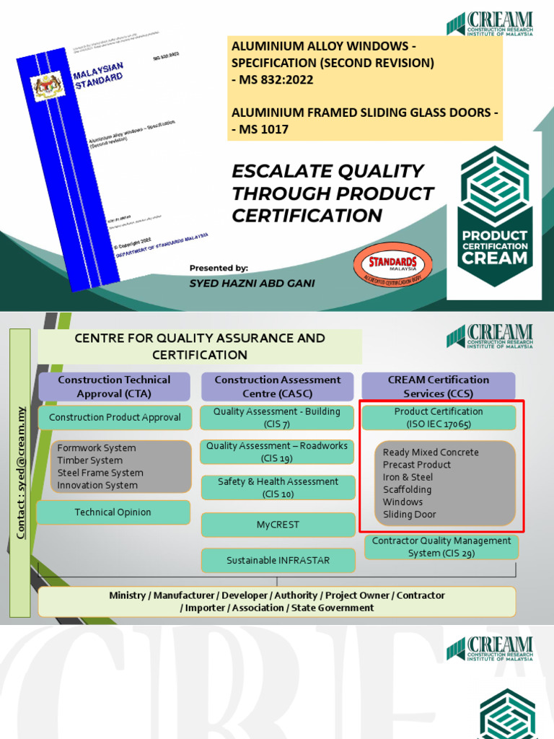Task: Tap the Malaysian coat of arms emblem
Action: click(x=49, y=87)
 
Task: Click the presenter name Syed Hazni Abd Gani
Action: click(x=252, y=284)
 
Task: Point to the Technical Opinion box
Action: click(x=113, y=512)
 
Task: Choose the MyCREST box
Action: click(x=277, y=525)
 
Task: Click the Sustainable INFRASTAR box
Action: click(x=277, y=561)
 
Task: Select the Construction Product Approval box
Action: click(x=115, y=418)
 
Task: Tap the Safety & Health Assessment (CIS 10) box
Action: click(x=277, y=487)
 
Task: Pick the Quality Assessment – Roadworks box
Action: click(x=277, y=452)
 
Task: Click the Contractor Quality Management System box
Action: click(x=441, y=547)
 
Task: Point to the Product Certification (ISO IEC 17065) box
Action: click(x=438, y=417)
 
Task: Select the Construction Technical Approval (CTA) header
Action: click(x=114, y=387)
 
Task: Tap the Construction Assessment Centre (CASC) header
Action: click(x=277, y=387)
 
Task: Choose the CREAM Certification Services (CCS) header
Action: click(x=438, y=387)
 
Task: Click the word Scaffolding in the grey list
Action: click(x=407, y=490)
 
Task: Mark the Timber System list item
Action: click(x=89, y=460)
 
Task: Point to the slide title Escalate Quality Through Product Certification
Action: click(x=333, y=193)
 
